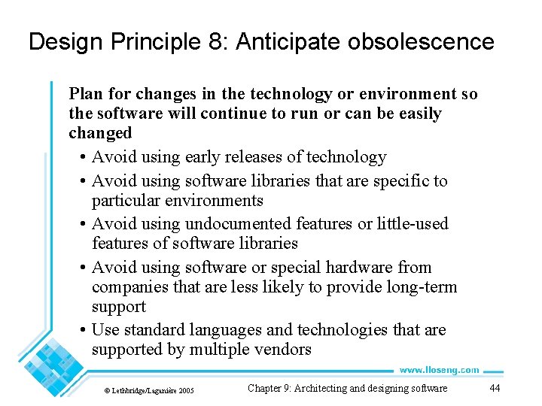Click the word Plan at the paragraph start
(84, 94)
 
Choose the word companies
(128, 287)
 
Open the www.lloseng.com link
(438, 370)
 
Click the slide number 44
(495, 388)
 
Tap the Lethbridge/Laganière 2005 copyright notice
(148, 390)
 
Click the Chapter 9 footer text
(347, 388)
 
